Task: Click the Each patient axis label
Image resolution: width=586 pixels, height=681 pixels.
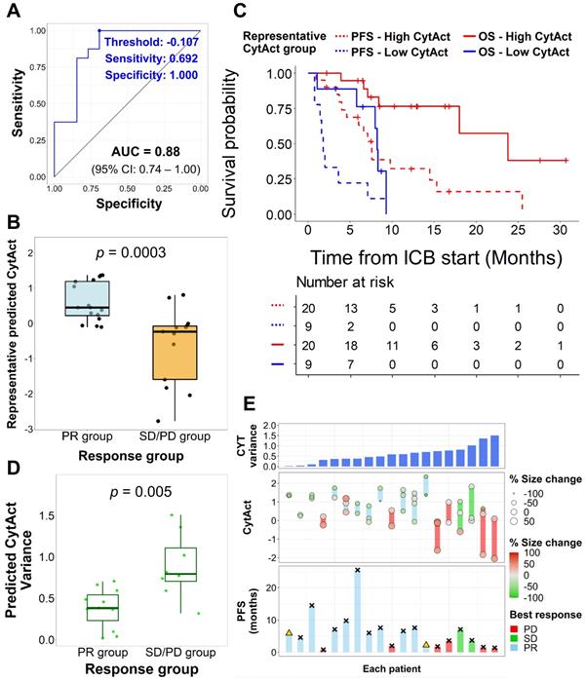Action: [x=392, y=670]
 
